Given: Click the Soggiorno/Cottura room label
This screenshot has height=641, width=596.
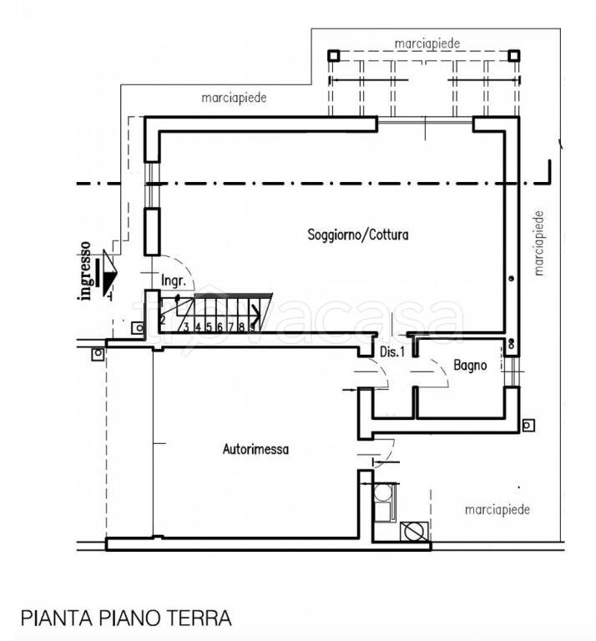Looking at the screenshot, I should [x=358, y=235].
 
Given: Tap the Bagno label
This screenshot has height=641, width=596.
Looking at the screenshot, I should [x=471, y=365].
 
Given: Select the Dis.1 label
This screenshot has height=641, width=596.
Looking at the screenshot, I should [x=392, y=352].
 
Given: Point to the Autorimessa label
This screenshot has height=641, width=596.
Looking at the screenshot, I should [x=255, y=449].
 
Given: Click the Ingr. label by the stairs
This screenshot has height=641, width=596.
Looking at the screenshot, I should [x=174, y=281].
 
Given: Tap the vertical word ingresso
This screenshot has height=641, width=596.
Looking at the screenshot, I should [x=85, y=270].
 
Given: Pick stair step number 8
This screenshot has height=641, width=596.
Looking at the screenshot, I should [x=240, y=327].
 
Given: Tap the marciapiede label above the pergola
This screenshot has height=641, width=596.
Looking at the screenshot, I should [x=427, y=42].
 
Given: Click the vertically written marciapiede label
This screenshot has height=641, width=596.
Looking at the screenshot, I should [x=539, y=242].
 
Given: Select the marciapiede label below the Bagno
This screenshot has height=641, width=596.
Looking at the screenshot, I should [x=498, y=507].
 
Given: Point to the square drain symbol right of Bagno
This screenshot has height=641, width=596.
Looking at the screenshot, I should [x=528, y=425].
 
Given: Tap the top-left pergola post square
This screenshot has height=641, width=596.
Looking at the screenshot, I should [x=333, y=56].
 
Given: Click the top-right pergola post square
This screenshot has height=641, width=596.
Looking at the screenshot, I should [x=515, y=56].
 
